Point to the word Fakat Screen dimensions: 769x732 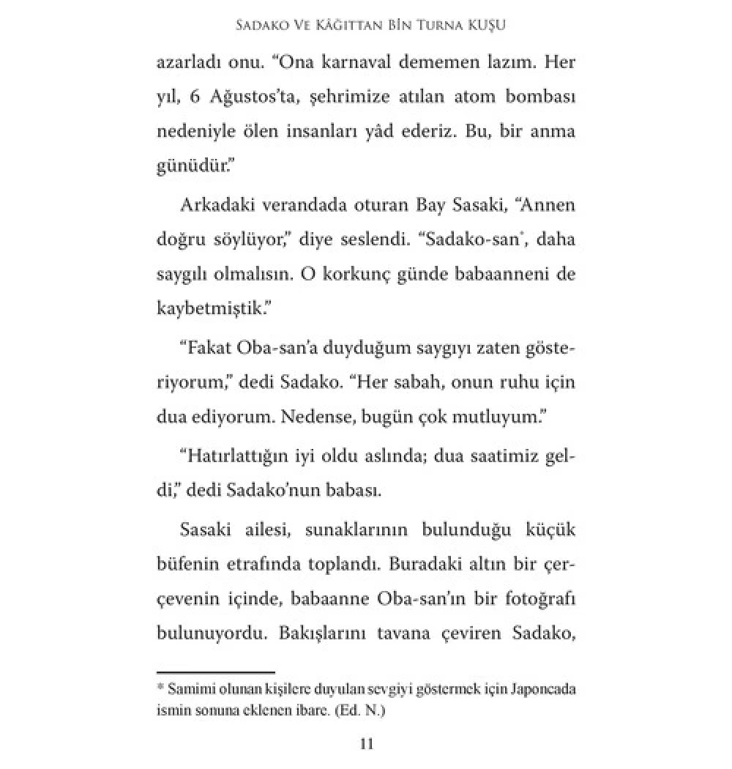click(206, 351)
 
